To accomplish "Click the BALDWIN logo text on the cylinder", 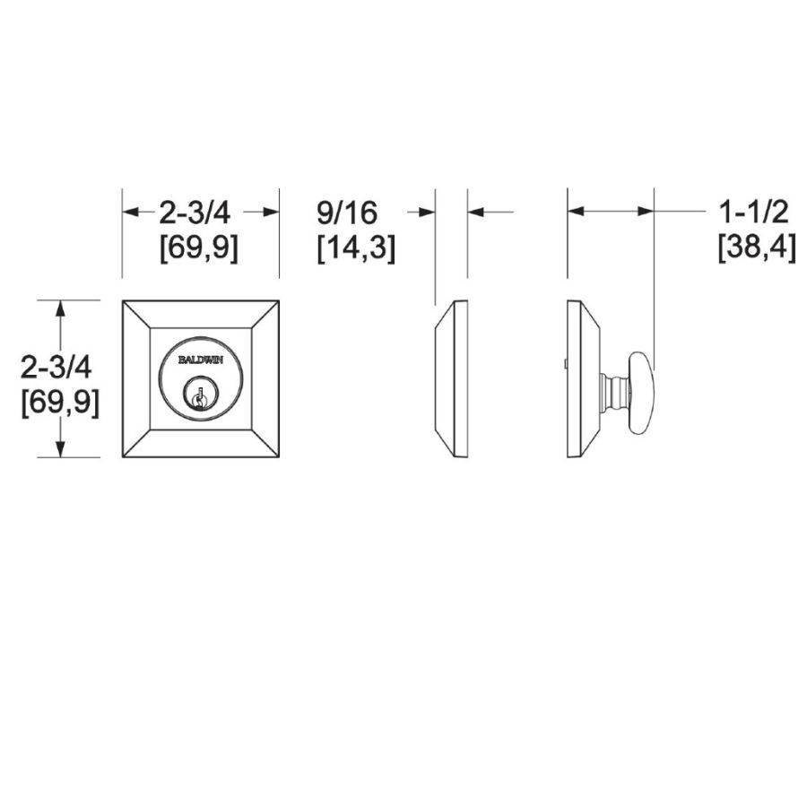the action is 201,360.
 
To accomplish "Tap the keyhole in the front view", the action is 197,395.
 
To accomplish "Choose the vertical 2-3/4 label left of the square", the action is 56,367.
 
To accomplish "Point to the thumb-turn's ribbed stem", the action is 614,392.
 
